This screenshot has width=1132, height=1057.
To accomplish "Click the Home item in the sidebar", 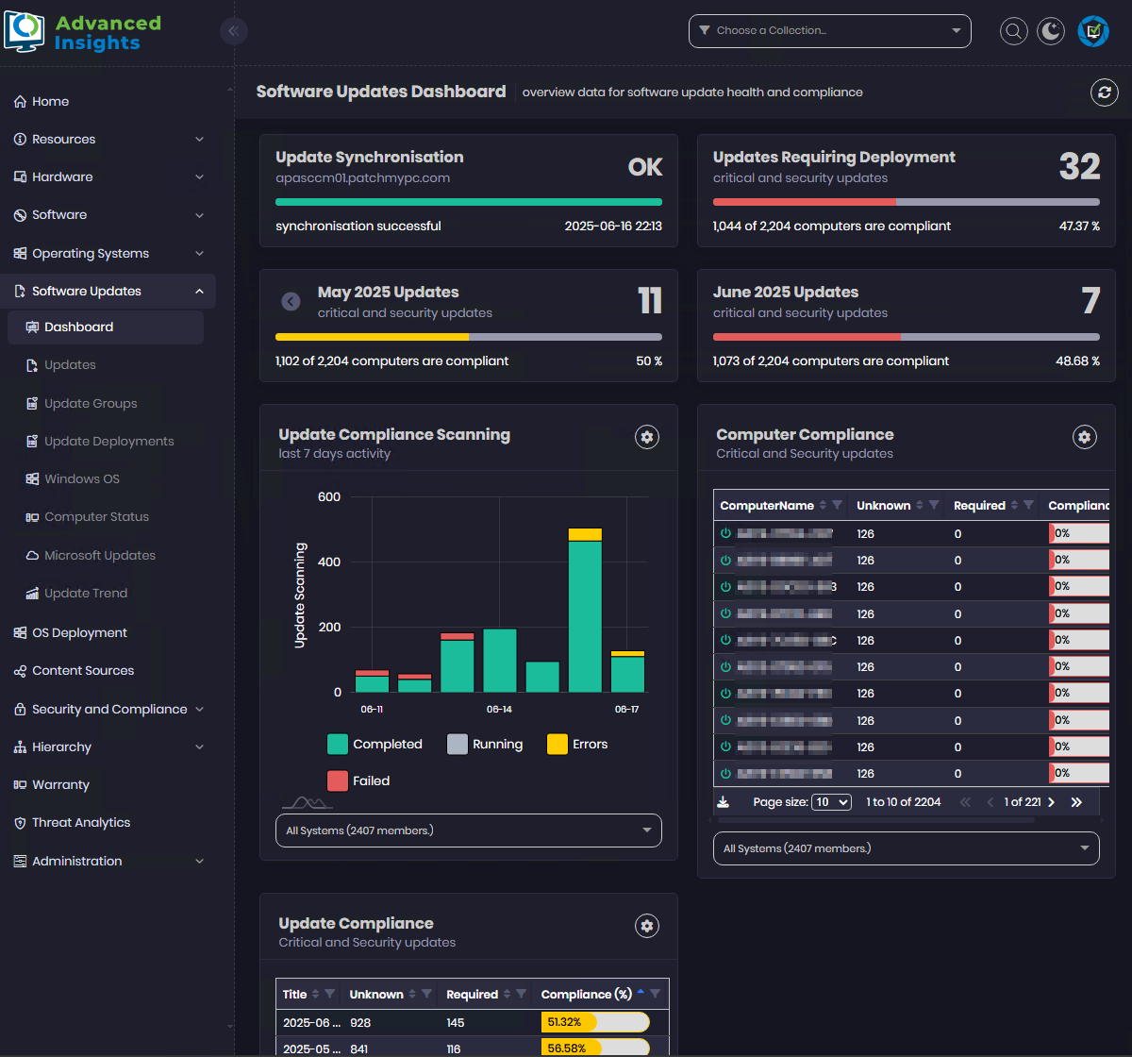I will (50, 101).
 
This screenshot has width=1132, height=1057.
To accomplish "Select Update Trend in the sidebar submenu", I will (85, 593).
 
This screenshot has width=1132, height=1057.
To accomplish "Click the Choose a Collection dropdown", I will (829, 30).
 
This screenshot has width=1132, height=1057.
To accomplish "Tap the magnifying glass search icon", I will (1014, 31).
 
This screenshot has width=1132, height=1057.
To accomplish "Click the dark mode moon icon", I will (1051, 31).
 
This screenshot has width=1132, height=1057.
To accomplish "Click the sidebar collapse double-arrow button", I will (233, 31).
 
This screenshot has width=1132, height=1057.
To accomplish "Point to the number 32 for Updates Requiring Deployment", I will (1079, 167).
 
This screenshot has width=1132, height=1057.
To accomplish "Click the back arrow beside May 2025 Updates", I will (291, 301).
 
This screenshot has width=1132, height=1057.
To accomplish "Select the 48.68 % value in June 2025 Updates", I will (1077, 361).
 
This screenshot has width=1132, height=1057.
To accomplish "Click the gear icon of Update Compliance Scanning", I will (646, 436).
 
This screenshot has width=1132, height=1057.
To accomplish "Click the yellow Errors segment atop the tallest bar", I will (585, 534).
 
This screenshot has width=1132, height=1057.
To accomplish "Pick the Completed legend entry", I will (375, 744).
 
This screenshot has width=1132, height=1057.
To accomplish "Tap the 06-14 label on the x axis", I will (499, 709).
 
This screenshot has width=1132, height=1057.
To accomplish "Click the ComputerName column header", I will (766, 505).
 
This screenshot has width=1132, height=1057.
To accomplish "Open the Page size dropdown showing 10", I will (832, 801).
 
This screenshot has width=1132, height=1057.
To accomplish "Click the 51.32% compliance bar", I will (594, 1022).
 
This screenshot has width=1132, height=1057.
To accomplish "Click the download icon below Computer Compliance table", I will (724, 801).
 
